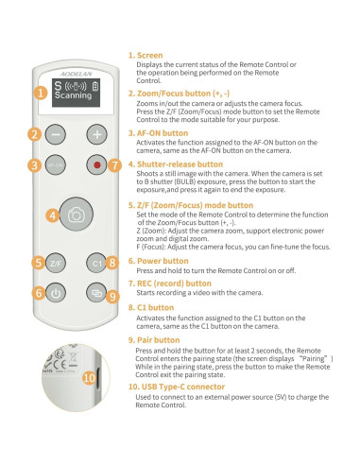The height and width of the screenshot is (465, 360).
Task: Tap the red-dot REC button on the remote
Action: pos(96,164)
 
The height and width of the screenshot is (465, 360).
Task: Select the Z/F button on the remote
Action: pos(56,262)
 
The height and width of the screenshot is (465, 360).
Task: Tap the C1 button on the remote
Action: pos(95,262)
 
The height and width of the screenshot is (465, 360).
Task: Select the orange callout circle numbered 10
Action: pos(88,377)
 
